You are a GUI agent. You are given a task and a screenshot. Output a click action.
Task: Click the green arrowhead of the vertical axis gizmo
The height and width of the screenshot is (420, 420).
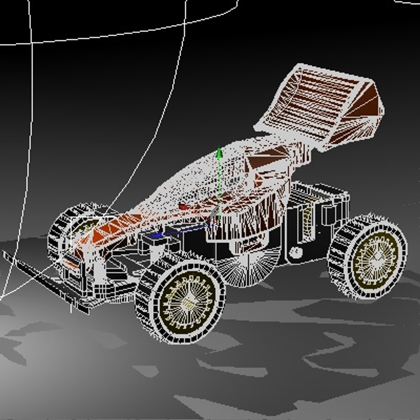click(219, 153)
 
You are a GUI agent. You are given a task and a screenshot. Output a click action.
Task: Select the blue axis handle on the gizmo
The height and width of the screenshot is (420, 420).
click(157, 235)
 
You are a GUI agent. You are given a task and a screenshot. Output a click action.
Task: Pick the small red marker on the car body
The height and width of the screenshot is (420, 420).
click(182, 206)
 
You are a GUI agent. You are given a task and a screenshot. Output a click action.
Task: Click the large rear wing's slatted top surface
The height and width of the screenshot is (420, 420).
click(311, 101)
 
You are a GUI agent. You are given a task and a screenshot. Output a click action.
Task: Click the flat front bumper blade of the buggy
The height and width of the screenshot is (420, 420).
click(43, 280)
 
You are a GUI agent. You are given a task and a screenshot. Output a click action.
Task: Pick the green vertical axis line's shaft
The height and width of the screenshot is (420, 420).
click(219, 187)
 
